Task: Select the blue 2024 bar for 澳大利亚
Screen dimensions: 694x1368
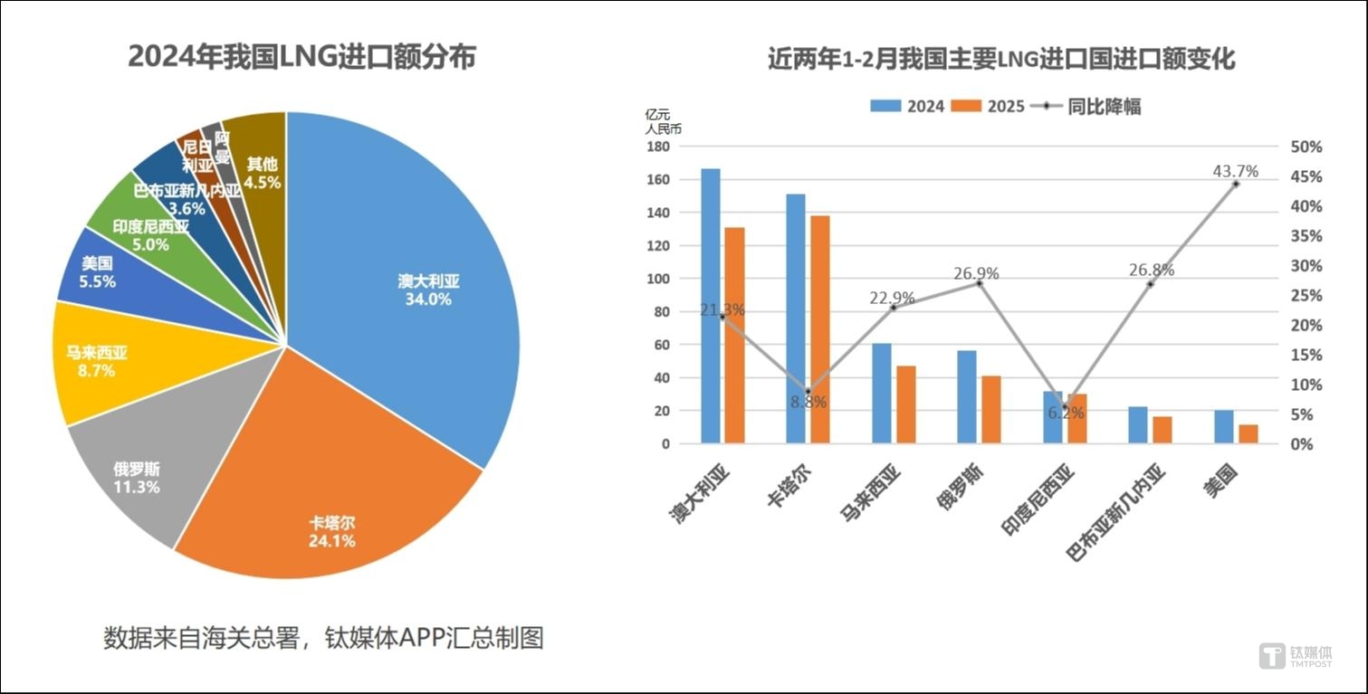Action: click(x=711, y=308)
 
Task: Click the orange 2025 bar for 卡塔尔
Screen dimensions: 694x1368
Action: click(x=819, y=330)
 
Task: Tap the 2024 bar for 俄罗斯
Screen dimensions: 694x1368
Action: click(x=966, y=398)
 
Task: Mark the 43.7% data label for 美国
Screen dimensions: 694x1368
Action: click(x=1235, y=171)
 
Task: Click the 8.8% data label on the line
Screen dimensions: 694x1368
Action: click(x=808, y=403)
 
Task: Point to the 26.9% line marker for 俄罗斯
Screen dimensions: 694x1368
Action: click(x=979, y=283)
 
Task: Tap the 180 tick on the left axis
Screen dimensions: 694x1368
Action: click(x=657, y=147)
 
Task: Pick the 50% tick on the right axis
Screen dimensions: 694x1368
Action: click(x=1306, y=147)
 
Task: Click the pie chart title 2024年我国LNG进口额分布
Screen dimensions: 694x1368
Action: click(x=301, y=57)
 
